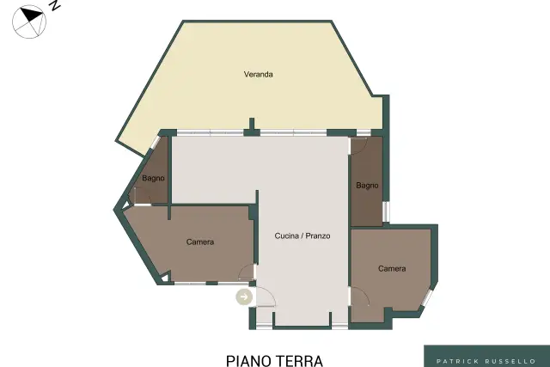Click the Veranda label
click(x=258, y=75)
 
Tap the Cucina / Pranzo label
click(x=302, y=235)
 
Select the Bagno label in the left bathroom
click(x=153, y=178)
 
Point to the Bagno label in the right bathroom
click(x=367, y=186)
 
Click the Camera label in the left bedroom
click(x=200, y=242)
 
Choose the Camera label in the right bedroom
click(x=392, y=268)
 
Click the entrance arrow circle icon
click(x=244, y=297)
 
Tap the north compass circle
click(x=29, y=21)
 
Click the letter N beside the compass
click(x=54, y=4)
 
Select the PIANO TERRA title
click(x=274, y=361)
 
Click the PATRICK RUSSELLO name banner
click(x=486, y=356)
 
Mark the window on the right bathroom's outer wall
click(x=386, y=211)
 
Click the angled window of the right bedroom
click(x=427, y=297)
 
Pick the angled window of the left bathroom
click(x=156, y=142)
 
